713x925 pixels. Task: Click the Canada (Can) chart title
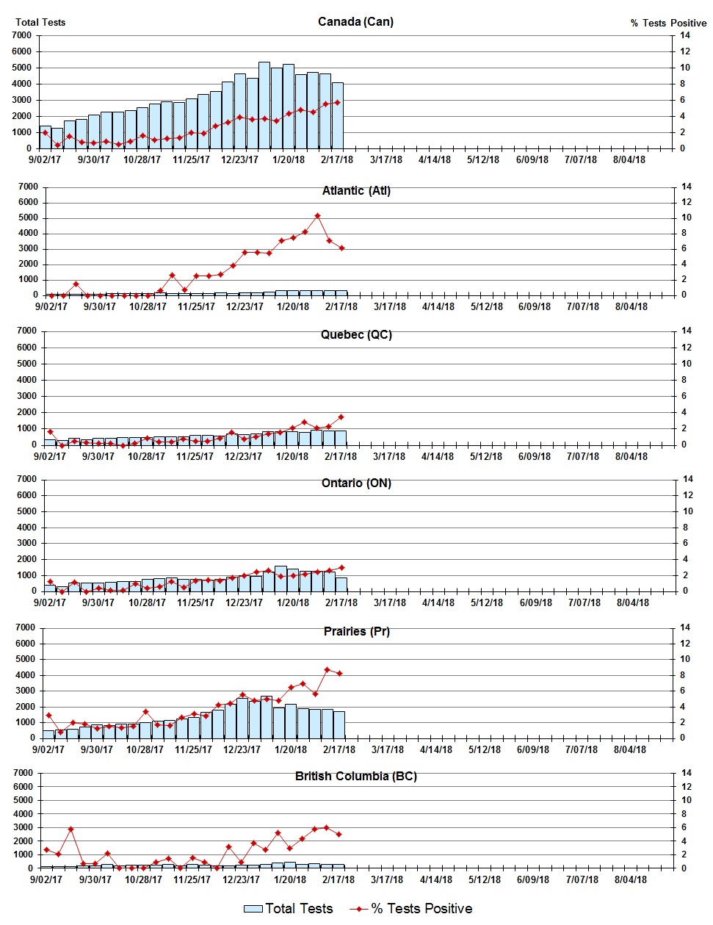355,21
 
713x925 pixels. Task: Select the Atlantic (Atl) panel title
356,191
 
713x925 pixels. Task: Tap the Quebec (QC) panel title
356,335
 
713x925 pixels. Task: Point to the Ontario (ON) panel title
356,483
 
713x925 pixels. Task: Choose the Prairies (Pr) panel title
356,632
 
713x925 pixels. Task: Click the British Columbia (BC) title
356,777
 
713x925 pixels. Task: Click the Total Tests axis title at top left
40,22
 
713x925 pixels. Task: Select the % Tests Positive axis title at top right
668,23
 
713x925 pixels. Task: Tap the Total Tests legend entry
289,909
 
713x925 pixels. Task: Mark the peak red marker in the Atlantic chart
317,216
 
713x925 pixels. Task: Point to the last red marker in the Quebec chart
341,417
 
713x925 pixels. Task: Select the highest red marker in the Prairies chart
327,670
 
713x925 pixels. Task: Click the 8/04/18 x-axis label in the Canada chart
629,159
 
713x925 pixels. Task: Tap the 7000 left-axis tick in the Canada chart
22,35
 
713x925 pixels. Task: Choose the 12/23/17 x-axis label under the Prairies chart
242,750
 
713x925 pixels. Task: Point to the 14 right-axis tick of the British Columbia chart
687,773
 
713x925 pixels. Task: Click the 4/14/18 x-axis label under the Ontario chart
438,603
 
